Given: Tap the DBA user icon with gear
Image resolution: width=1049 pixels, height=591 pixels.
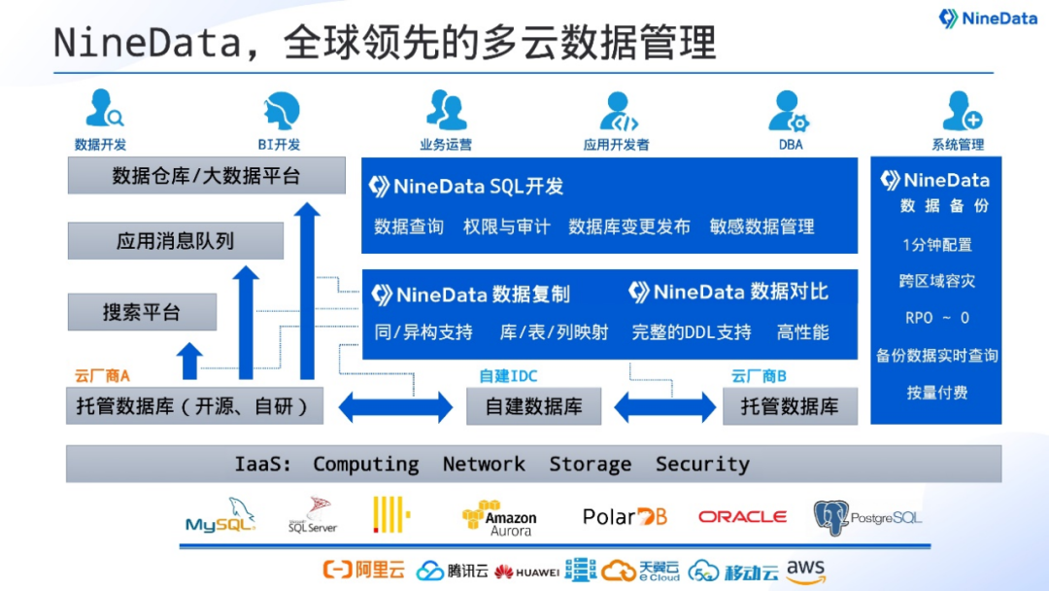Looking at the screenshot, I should pyautogui.click(x=788, y=111).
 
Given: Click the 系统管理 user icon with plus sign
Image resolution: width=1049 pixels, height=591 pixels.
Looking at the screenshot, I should pyautogui.click(x=961, y=111).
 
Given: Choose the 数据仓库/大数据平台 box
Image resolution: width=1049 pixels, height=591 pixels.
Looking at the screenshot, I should pyautogui.click(x=206, y=176).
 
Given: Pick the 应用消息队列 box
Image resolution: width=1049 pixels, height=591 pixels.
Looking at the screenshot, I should pyautogui.click(x=175, y=241).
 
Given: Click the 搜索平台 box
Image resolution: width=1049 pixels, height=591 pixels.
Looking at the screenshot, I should pyautogui.click(x=142, y=313).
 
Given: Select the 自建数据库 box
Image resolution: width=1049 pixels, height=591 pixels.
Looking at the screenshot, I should pyautogui.click(x=533, y=406).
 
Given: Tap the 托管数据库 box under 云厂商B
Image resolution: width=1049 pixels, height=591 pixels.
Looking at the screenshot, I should pyautogui.click(x=789, y=406).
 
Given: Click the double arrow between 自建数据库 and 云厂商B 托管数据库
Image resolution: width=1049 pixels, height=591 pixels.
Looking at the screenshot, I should pyautogui.click(x=665, y=406).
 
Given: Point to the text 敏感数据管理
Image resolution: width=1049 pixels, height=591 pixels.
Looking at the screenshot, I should pyautogui.click(x=761, y=226).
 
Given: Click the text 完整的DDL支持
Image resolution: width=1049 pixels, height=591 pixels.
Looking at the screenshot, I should pyautogui.click(x=692, y=332).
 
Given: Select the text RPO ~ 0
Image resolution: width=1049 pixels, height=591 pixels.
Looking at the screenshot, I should pyautogui.click(x=936, y=318).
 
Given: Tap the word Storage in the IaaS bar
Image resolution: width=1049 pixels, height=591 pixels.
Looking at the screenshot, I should pyautogui.click(x=590, y=465).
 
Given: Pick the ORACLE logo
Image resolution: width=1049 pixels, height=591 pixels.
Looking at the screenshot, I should pyautogui.click(x=742, y=517).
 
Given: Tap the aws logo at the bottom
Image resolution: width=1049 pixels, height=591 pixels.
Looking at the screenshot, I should pyautogui.click(x=805, y=571).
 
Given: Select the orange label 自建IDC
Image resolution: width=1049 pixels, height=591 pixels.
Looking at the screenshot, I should pyautogui.click(x=508, y=376).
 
